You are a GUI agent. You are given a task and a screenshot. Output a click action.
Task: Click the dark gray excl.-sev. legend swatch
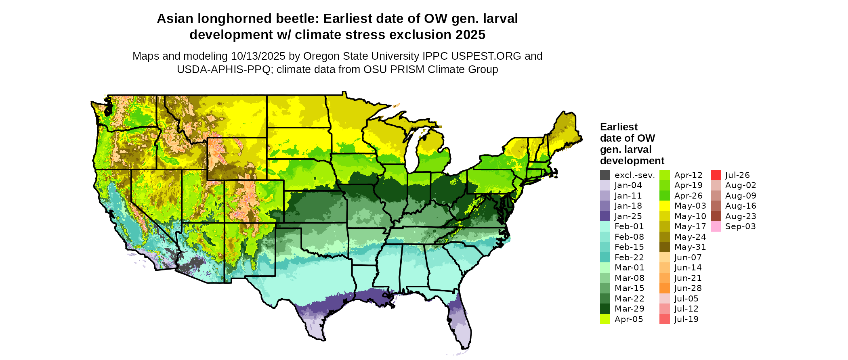point(605,175)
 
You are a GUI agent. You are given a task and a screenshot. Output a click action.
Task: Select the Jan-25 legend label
point(628,216)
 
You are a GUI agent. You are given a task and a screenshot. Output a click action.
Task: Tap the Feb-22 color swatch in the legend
point(605,257)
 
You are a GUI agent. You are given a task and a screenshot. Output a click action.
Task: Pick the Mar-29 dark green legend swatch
point(605,309)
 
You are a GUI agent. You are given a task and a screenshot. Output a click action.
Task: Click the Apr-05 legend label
point(629,319)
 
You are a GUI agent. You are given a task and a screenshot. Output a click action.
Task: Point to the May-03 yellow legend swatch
point(665,206)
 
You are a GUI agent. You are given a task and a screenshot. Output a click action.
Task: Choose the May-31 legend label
point(690,247)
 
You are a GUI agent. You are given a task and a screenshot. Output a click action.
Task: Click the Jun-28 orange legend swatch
point(665,288)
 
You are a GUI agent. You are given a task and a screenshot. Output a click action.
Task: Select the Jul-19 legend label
point(686,319)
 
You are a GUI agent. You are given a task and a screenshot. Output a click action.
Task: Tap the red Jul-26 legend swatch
point(716,175)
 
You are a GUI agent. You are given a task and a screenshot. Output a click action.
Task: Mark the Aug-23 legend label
point(741,216)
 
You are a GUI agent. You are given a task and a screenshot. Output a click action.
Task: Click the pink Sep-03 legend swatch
point(716,226)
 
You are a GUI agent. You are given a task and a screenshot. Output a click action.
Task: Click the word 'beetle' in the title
point(298,19)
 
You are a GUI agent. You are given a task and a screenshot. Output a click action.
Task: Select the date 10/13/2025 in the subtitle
point(258,56)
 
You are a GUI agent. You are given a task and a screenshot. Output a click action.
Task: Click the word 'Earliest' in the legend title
point(619,127)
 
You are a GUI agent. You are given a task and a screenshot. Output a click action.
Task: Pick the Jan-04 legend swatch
point(605,185)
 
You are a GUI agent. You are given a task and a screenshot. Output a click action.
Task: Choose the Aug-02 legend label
point(741,185)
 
